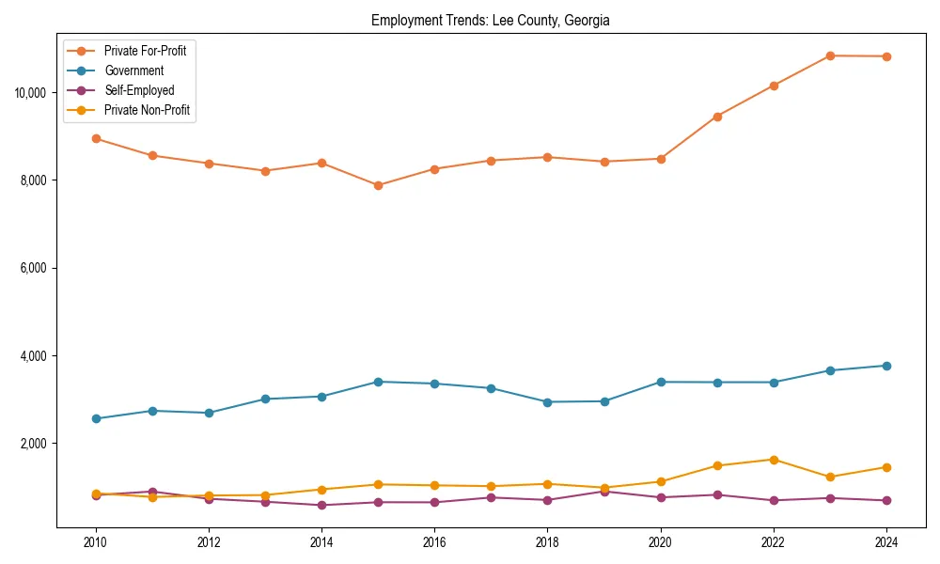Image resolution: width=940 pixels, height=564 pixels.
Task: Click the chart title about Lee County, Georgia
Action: pos(490,21)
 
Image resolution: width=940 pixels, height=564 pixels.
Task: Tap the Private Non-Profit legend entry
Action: pos(147,110)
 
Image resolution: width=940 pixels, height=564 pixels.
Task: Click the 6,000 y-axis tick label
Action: pos(35,268)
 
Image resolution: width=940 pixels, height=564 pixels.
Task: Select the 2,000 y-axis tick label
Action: pos(35,444)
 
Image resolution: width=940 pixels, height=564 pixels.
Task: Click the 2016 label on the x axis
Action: pos(434,542)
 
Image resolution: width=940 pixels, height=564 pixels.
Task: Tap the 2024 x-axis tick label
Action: pos(886,542)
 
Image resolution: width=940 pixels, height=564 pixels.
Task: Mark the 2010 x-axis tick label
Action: pos(95,542)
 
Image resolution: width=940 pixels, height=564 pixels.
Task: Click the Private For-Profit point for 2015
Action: pos(378,185)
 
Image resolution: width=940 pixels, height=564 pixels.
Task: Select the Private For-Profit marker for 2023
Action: pos(830,55)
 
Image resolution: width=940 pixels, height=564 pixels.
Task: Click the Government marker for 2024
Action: pos(886,366)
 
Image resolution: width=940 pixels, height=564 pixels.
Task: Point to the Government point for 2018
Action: pos(547,402)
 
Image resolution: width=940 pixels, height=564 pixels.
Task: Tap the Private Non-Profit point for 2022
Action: pos(774,460)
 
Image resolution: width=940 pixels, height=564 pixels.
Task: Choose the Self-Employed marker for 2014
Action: pos(321,506)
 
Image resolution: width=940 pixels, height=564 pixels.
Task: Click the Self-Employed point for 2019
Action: pos(604,491)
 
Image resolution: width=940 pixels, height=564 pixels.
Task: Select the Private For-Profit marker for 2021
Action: pos(717,117)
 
